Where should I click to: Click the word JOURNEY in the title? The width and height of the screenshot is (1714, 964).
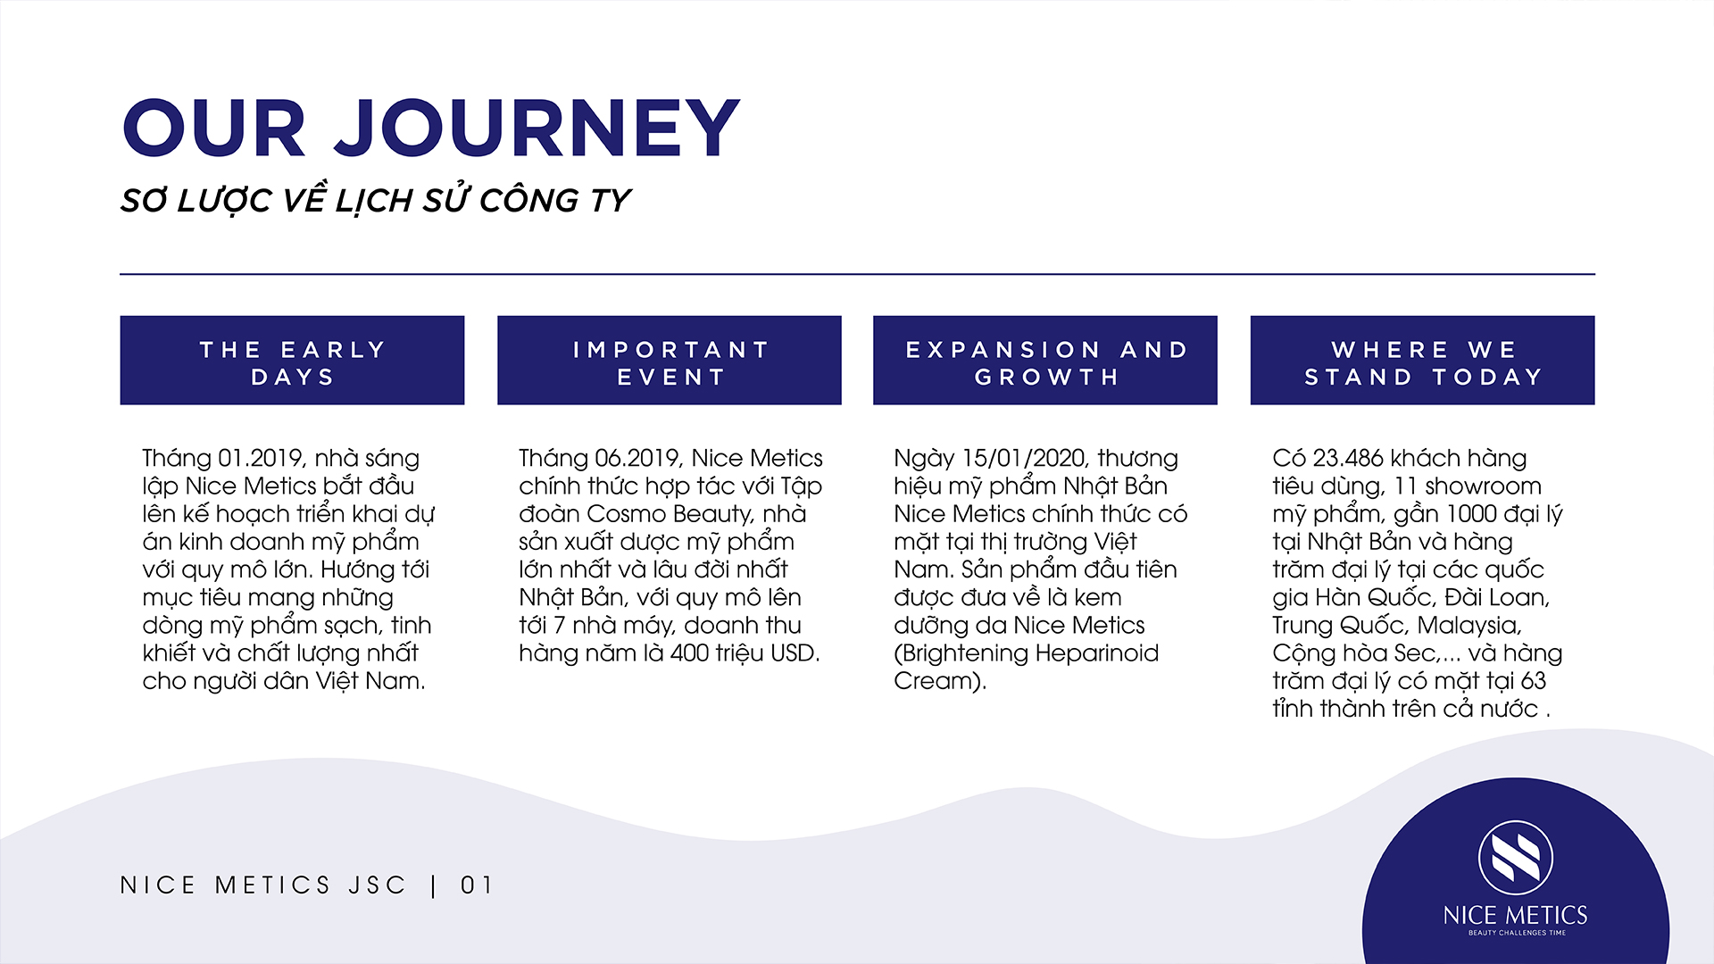point(537,129)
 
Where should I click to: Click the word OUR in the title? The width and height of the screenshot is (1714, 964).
point(214,129)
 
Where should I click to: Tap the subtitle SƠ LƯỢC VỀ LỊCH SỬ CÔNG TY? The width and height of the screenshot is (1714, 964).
point(376,200)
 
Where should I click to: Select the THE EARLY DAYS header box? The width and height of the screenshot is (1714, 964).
point(292,360)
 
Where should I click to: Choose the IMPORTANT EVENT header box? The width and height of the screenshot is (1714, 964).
point(670,360)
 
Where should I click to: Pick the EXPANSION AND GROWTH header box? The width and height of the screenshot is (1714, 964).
point(1045,360)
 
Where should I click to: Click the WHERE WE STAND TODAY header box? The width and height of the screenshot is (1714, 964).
point(1422,360)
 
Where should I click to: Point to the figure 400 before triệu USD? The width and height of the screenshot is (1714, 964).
point(690,653)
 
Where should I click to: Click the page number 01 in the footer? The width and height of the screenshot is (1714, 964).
point(477,885)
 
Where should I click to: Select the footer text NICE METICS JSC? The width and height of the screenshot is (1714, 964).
point(263,885)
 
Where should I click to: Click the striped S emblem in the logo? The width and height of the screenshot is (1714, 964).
point(1516,858)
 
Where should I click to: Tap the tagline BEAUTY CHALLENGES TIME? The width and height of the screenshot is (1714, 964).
point(1517,933)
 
